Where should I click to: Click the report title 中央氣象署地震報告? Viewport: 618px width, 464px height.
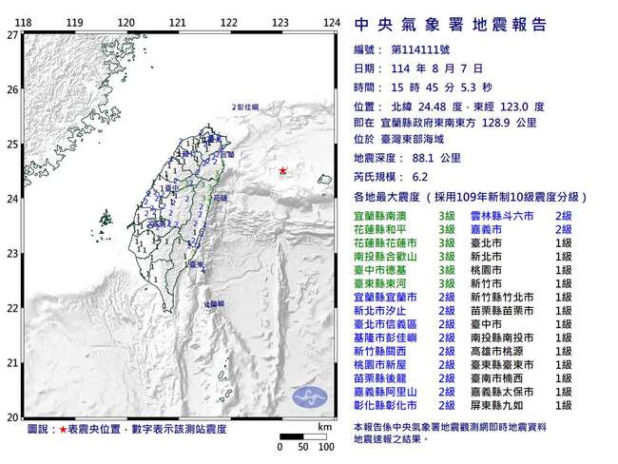(x=450, y=25)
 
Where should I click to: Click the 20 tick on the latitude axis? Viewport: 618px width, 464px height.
(x=10, y=417)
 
